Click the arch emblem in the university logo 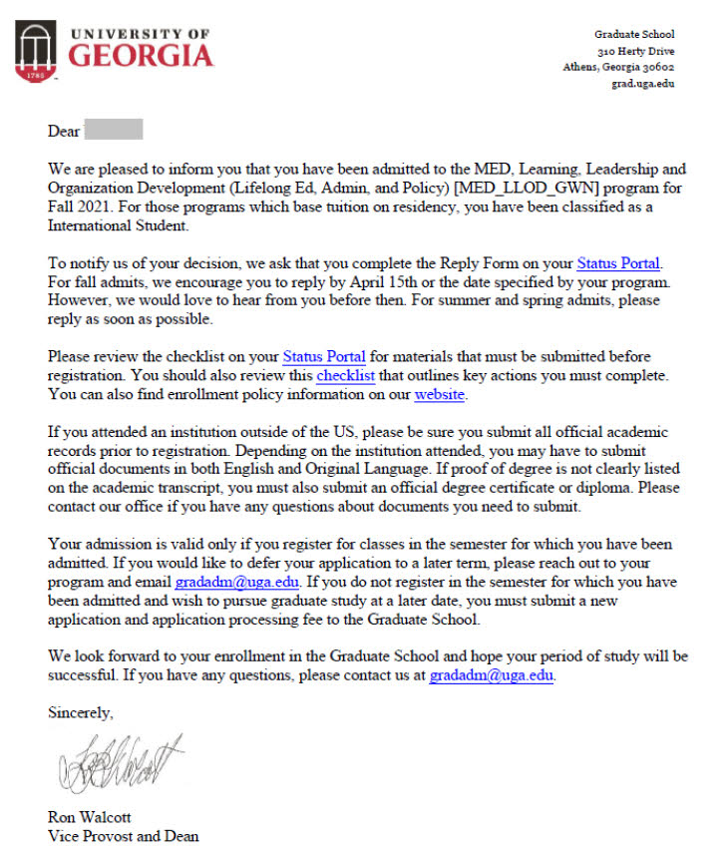pyautogui.click(x=35, y=51)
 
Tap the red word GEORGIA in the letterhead pyautogui.click(x=140, y=55)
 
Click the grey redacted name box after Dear pyautogui.click(x=114, y=130)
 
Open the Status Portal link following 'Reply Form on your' pyautogui.click(x=618, y=264)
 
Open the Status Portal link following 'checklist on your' pyautogui.click(x=324, y=357)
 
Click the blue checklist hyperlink pyautogui.click(x=346, y=376)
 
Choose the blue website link pyautogui.click(x=439, y=395)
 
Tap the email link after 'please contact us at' pyautogui.click(x=491, y=675)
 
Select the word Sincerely pyautogui.click(x=81, y=713)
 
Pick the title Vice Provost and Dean pyautogui.click(x=124, y=836)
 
